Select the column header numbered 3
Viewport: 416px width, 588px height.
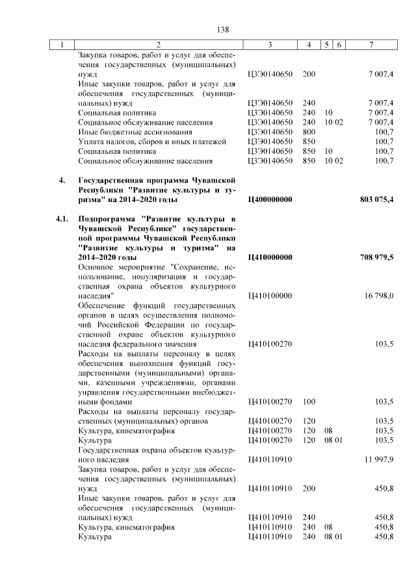click(270, 45)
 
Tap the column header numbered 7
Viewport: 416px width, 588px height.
click(370, 45)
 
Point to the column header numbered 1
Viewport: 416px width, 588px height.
click(62, 45)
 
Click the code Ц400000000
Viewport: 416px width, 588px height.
click(270, 199)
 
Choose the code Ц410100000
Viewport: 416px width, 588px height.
click(270, 296)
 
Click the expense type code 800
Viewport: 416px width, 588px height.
click(309, 131)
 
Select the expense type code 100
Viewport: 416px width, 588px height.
click(309, 402)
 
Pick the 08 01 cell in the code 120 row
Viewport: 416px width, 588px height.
click(333, 440)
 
